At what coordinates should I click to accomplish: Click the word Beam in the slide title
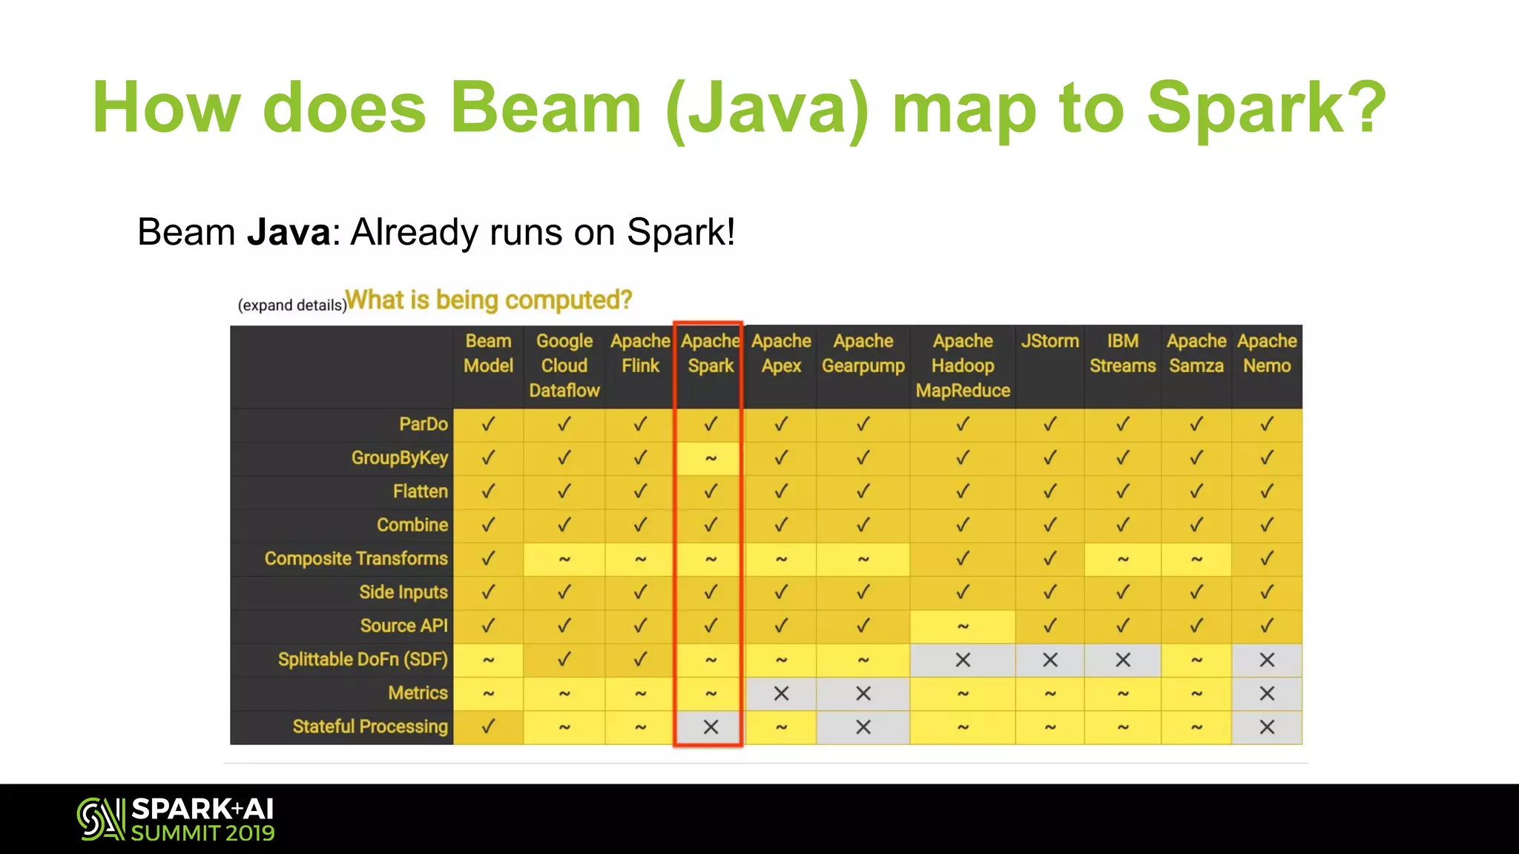coord(545,108)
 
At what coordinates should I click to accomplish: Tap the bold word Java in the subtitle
coord(289,232)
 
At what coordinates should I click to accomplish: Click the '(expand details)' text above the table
coord(291,305)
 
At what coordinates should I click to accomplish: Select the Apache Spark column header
coord(710,354)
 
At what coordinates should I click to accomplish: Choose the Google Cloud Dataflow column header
coord(564,365)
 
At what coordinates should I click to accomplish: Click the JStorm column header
coord(1050,341)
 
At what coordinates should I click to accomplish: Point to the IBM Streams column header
coord(1122,354)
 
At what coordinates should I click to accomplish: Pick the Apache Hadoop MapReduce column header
coord(962,365)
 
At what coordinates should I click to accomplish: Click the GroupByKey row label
coord(399,458)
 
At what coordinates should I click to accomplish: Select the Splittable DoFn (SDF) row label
coord(363,660)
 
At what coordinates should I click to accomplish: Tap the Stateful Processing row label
coord(370,726)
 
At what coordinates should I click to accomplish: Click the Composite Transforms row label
coord(356,559)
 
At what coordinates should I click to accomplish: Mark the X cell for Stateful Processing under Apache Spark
coord(710,727)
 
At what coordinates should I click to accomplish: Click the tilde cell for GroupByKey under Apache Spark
coord(710,459)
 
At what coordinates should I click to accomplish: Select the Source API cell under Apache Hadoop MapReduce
coord(962,626)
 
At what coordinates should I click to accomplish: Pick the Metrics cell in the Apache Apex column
coord(781,694)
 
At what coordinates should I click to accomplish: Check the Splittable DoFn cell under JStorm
coord(1050,660)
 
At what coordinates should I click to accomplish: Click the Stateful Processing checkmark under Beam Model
coord(488,727)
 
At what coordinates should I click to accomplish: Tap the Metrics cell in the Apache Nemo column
coord(1266,694)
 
